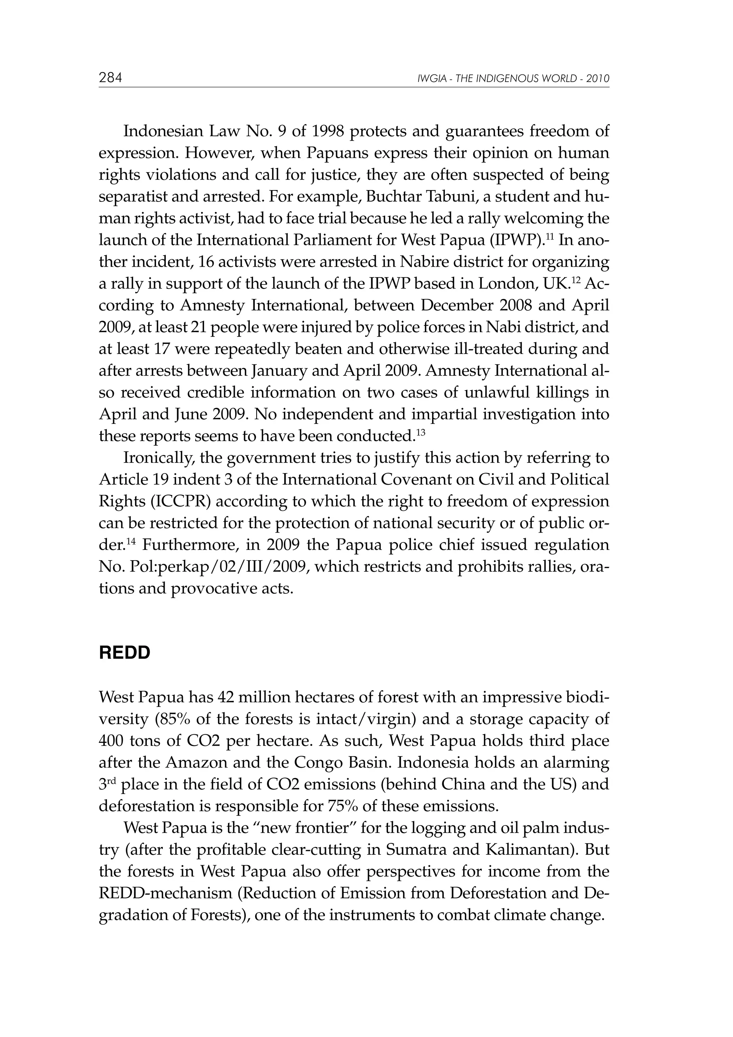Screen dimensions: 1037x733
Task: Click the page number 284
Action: coord(110,78)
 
